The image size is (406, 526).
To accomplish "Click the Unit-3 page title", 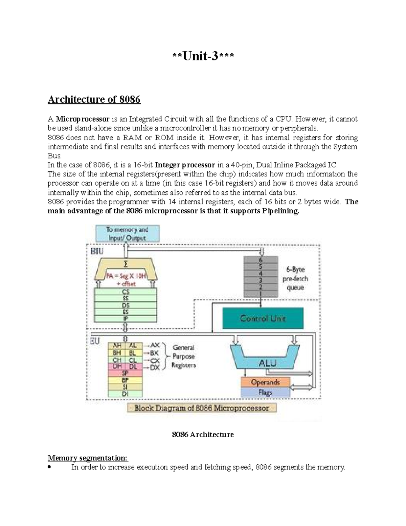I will pos(203,56).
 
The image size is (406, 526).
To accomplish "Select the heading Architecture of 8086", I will pos(94,100).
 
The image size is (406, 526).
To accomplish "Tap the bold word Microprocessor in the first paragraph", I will pos(83,119).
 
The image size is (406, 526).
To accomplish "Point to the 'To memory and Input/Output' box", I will pos(127,234).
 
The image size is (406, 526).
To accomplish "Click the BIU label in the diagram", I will pos(97,251).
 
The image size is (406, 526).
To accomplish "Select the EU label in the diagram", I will pos(95,341).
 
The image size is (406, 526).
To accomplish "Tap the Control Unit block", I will pos(263,318).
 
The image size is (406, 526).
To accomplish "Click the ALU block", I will pos(268,363).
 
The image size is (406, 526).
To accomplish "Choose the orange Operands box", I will pos(265,382).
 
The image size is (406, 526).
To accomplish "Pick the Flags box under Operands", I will pos(265,392).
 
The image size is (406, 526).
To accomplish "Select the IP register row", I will pos(126,319).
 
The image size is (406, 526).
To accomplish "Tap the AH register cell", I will pos(117,346).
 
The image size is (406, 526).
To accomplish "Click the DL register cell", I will pos(133,366).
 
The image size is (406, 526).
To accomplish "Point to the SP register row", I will pos(125,373).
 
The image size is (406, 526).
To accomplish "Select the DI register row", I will pos(125,394).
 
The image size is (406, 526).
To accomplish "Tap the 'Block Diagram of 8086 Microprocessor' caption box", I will pos(202,408).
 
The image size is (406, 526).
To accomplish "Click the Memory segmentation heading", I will pos(88,458).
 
